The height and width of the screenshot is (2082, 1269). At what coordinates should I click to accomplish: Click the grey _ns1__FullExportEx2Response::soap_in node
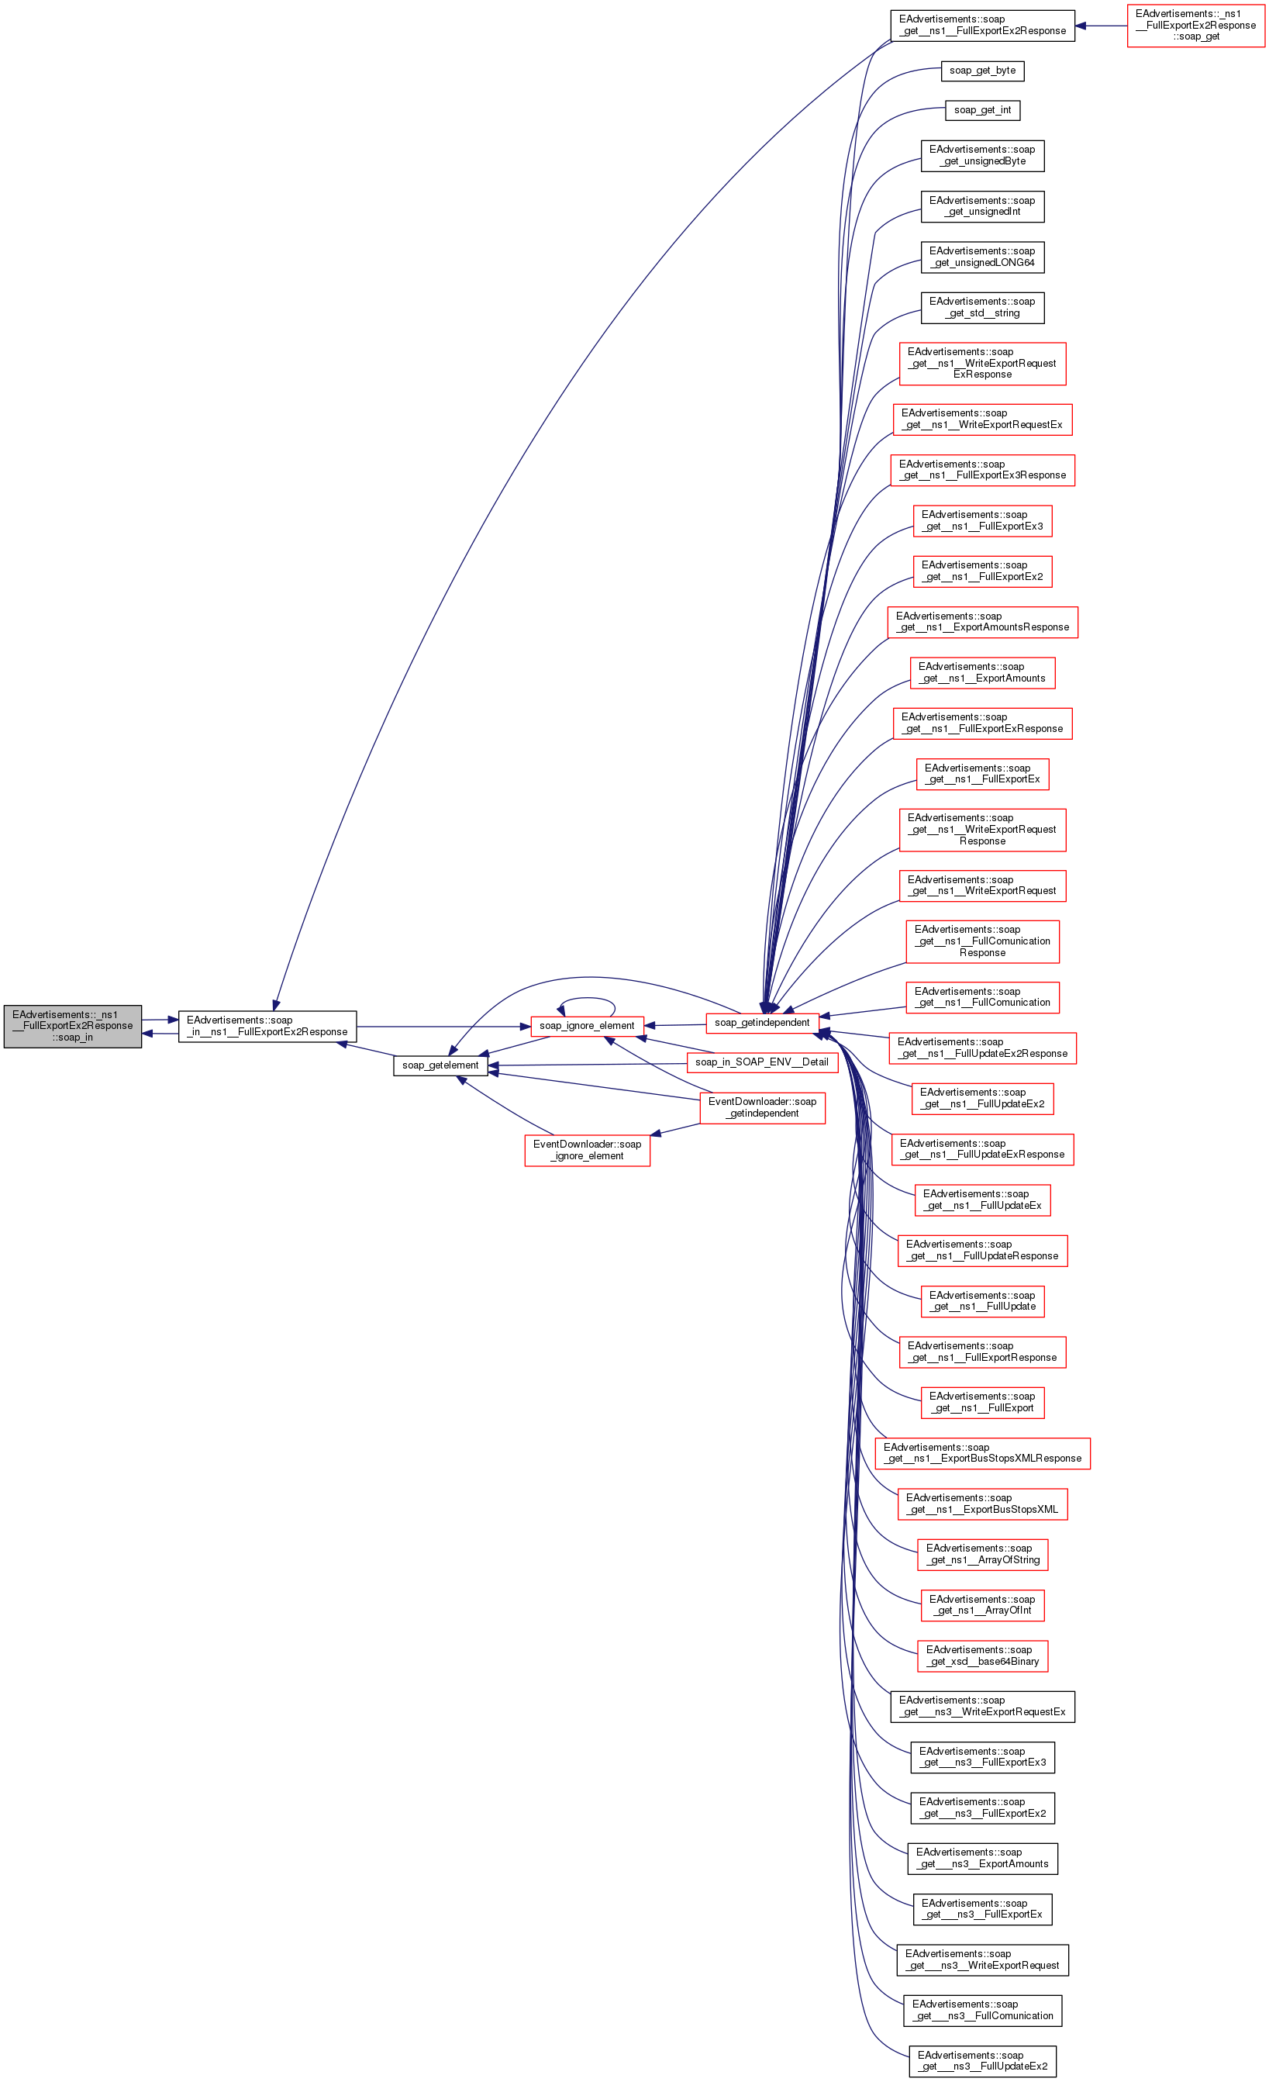point(73,1026)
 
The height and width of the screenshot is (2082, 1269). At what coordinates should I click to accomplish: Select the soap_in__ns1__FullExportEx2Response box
point(267,1026)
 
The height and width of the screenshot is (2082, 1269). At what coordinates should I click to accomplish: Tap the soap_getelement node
point(440,1065)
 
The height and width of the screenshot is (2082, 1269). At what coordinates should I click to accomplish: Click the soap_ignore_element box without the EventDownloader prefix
point(586,1026)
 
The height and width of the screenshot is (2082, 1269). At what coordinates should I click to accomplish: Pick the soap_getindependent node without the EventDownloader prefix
point(761,1023)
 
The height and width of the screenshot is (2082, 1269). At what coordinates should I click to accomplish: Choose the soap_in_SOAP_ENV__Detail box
point(761,1062)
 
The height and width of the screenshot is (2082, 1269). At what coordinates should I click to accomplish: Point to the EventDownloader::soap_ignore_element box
point(586,1150)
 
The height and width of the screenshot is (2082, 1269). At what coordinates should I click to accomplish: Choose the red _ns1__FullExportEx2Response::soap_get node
point(1195,26)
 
